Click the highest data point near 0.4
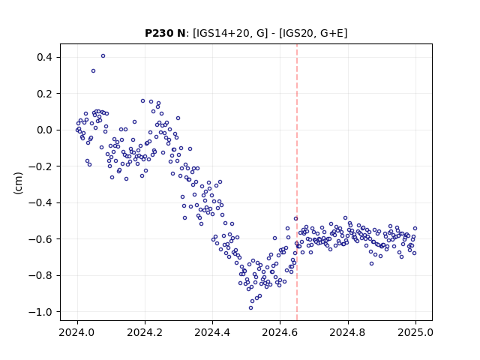coord(103,56)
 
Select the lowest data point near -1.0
coord(250,308)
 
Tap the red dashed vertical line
coord(297,182)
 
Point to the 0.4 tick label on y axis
coord(45,57)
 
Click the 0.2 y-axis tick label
coord(45,94)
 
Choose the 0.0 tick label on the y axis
coord(45,130)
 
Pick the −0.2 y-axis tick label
coord(40,166)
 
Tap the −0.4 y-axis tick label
coord(40,202)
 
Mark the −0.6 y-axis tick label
coord(40,239)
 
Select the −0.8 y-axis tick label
coord(40,275)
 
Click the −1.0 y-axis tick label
coord(40,312)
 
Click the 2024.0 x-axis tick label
coord(77,332)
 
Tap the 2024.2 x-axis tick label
coord(145,332)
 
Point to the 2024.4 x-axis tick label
coord(212,332)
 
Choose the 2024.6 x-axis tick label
coord(280,332)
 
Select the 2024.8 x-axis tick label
coord(348,332)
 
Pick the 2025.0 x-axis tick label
coord(415,332)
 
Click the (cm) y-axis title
coord(18,183)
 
